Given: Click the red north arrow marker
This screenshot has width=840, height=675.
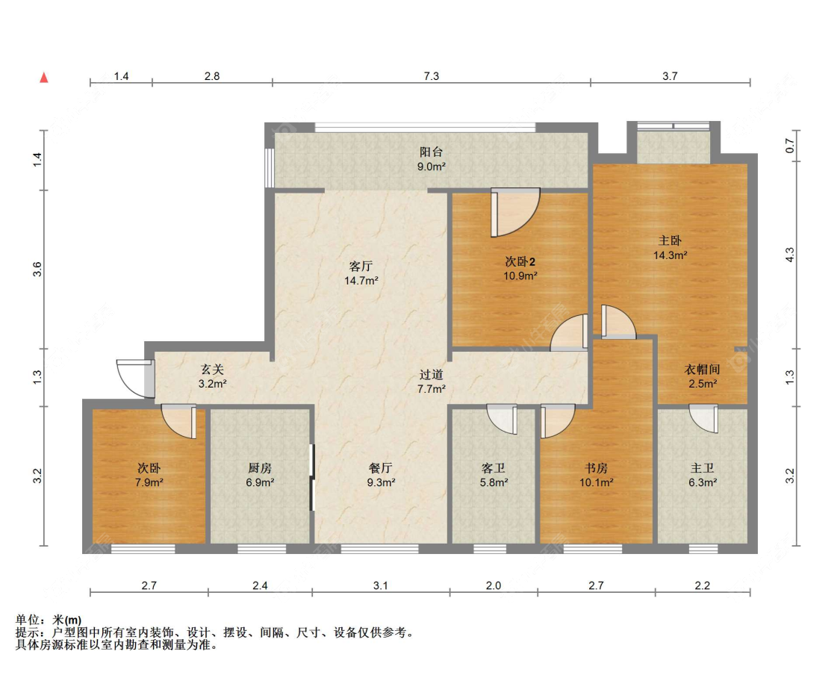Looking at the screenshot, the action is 44,78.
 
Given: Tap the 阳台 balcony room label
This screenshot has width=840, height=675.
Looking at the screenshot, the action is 431,152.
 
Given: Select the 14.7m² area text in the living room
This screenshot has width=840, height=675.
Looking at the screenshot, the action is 361,280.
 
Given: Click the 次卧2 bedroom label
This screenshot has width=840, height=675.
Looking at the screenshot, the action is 520,261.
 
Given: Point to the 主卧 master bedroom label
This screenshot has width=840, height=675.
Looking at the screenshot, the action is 670,241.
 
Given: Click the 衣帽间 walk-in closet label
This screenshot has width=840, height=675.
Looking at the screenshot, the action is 702,370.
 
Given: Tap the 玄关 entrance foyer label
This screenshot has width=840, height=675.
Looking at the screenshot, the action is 212,370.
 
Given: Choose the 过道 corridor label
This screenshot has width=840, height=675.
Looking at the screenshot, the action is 431,375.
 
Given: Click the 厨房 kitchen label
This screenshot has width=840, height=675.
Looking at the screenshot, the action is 260,468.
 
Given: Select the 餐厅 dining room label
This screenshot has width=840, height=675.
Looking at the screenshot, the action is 380,468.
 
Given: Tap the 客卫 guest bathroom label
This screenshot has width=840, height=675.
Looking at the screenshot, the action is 494,468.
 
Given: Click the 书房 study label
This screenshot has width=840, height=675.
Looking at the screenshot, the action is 596,468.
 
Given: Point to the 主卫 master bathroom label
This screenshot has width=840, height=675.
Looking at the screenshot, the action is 702,468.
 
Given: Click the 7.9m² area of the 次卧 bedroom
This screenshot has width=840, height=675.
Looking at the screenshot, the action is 149,482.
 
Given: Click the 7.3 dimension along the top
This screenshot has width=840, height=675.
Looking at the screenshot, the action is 432,76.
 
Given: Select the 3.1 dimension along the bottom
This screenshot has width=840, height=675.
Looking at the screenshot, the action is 380,585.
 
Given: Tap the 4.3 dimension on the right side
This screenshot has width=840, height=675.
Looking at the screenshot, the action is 790,255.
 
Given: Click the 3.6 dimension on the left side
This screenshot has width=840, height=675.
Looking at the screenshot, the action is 37,269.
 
